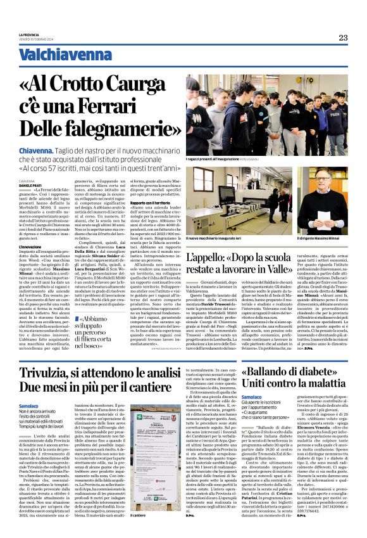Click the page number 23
pos(343,37)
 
